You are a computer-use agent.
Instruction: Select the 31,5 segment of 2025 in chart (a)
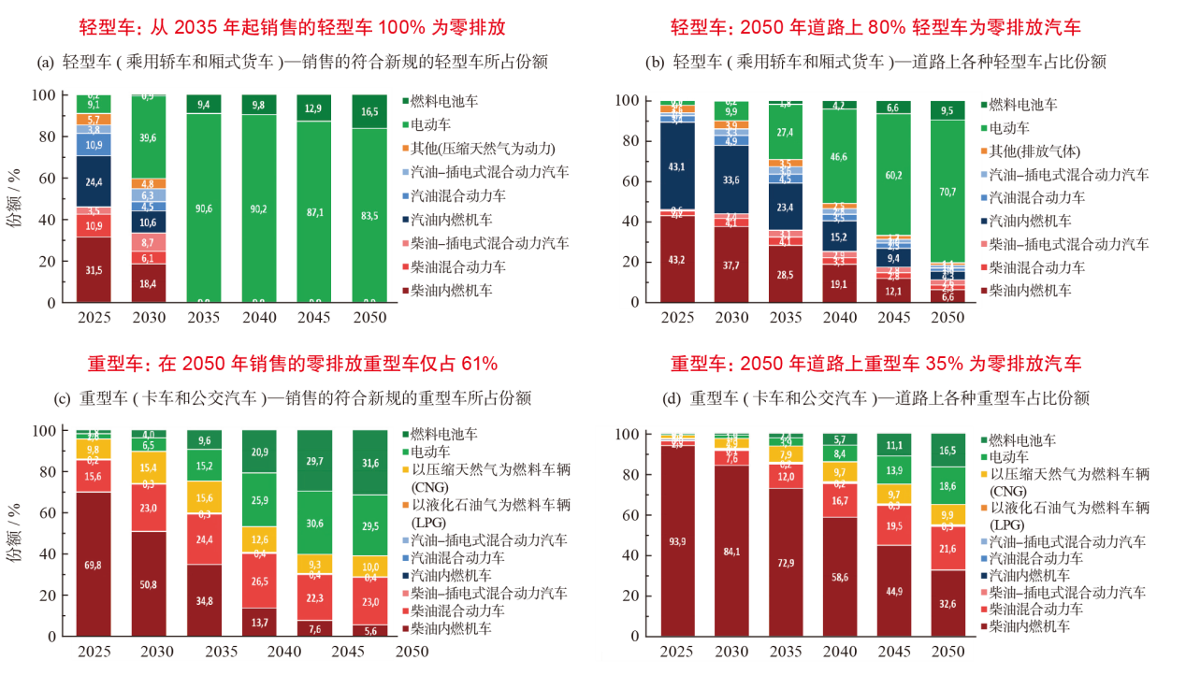(94, 270)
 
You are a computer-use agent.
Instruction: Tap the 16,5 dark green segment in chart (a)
(369, 111)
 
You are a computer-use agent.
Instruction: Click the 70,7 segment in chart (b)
(947, 191)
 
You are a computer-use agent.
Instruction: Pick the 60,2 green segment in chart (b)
(893, 174)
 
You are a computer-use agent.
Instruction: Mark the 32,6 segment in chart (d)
(947, 603)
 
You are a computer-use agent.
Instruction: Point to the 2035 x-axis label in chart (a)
(203, 317)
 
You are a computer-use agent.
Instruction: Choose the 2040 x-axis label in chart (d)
(839, 651)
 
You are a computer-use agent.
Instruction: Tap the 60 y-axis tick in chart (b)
(629, 181)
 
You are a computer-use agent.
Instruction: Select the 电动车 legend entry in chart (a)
(435, 124)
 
